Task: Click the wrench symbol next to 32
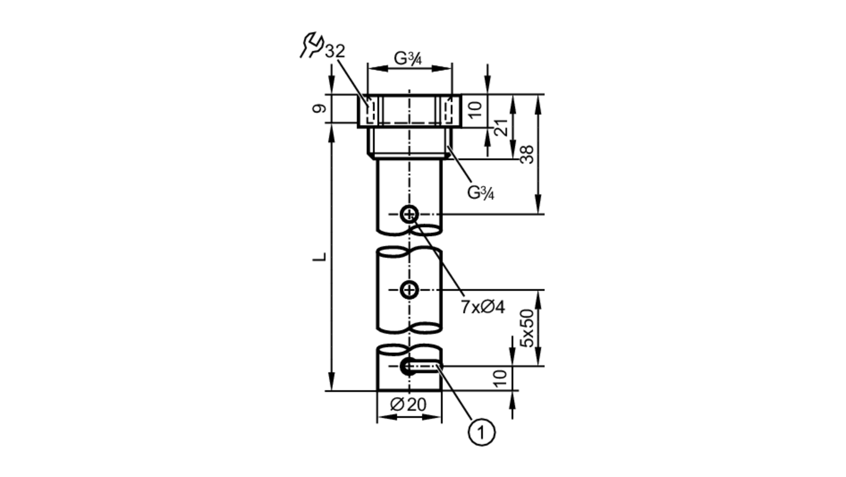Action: coord(312,44)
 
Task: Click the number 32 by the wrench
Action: coord(335,51)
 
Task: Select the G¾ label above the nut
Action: coord(408,58)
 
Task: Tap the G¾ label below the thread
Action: coord(481,193)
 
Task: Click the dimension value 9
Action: coord(320,108)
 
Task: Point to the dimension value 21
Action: coord(502,127)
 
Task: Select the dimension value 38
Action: coord(527,154)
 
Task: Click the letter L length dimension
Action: coord(320,257)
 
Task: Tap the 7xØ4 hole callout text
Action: coord(483,307)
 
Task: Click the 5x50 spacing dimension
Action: coord(527,328)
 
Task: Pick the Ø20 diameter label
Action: coord(408,405)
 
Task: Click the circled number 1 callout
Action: coord(481,433)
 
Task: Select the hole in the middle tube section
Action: coord(409,290)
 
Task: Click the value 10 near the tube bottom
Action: coord(500,378)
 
